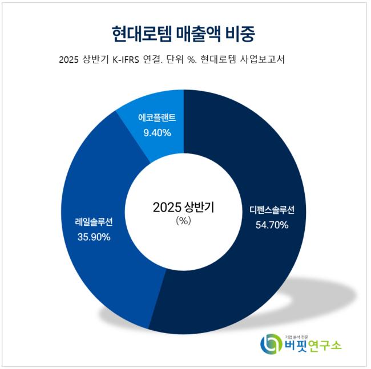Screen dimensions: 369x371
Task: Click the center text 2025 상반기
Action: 183,207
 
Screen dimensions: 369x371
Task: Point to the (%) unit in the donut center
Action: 183,221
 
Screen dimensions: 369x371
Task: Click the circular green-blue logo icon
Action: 271,343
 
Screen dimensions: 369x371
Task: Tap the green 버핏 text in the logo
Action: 295,346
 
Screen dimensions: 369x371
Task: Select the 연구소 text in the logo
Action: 325,346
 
